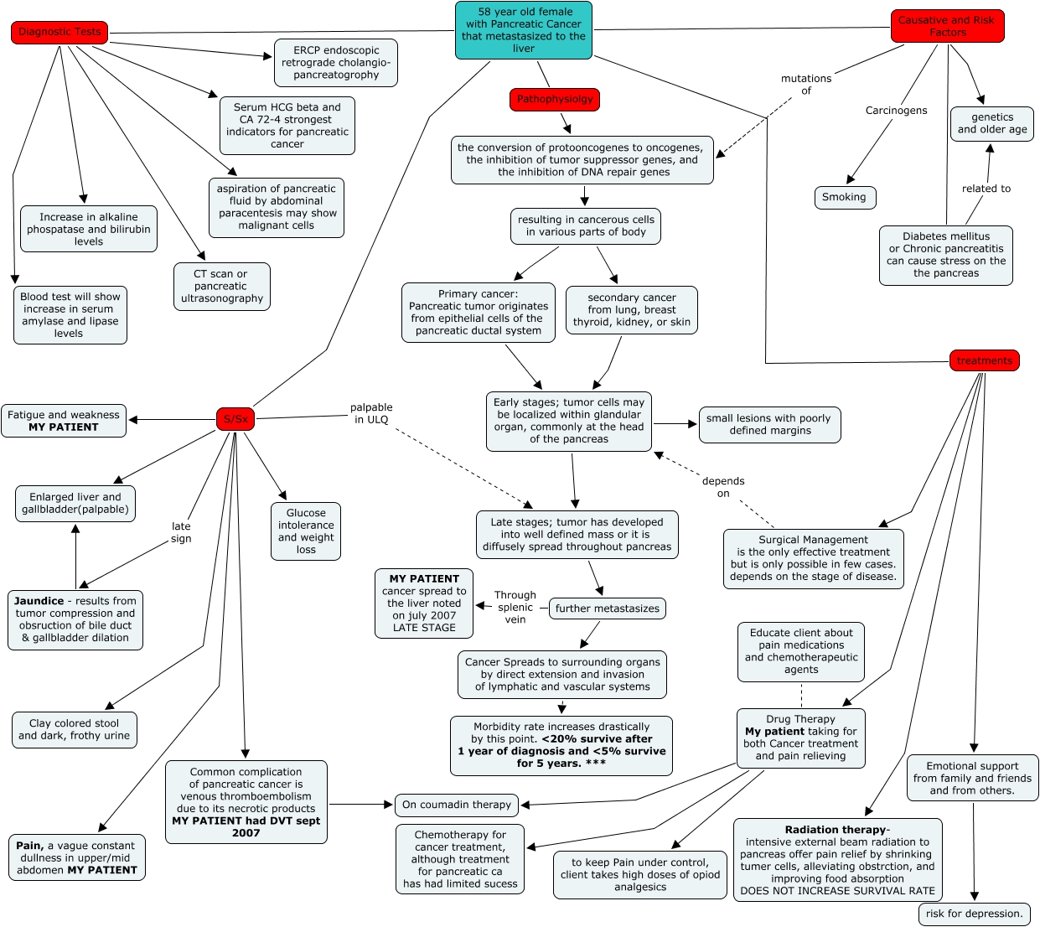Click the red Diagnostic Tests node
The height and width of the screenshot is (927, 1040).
[x=60, y=33]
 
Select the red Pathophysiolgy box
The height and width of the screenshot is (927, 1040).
[x=555, y=100]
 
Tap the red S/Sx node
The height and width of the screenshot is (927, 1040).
[x=235, y=419]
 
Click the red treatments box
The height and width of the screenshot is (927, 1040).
[x=984, y=360]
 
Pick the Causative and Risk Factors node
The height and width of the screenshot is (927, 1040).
[x=947, y=26]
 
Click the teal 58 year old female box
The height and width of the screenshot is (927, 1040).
[x=524, y=30]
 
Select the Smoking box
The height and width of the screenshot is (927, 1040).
[x=845, y=197]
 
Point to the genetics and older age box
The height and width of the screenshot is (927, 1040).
[x=991, y=124]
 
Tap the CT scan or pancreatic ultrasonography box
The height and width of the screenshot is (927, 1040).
[x=222, y=287]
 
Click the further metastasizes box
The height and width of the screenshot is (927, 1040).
[x=608, y=609]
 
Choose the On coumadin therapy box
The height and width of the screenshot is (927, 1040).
[x=457, y=805]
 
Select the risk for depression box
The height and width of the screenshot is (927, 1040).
[x=975, y=914]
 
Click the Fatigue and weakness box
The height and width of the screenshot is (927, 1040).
[x=64, y=421]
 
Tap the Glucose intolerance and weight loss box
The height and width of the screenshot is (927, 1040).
[x=306, y=531]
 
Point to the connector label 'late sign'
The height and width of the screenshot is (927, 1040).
[x=181, y=532]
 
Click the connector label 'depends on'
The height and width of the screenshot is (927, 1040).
[x=722, y=487]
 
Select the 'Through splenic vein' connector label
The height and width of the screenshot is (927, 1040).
[x=515, y=607]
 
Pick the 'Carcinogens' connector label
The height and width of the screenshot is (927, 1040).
[x=896, y=111]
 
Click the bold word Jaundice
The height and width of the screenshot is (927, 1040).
[x=39, y=601]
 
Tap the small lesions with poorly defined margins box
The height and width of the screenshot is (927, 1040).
[x=770, y=425]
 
